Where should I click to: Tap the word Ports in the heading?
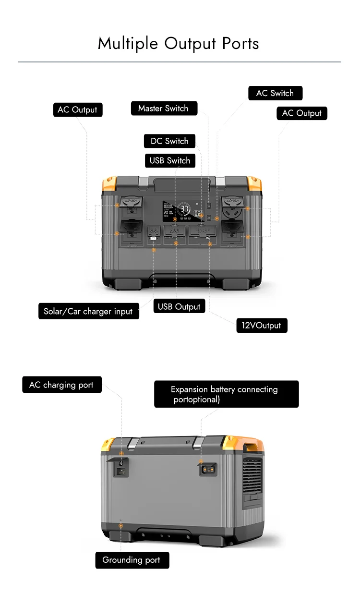[240, 44]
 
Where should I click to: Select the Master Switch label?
[164, 109]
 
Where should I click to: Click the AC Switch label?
[275, 93]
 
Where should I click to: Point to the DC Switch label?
[169, 141]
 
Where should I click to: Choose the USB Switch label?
[170, 160]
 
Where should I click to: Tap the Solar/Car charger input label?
[88, 312]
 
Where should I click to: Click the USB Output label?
[179, 306]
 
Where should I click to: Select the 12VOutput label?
[262, 326]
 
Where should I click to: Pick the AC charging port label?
[61, 385]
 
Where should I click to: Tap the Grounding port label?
[132, 560]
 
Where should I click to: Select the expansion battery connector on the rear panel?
[208, 469]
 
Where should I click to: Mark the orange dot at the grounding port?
[120, 526]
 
